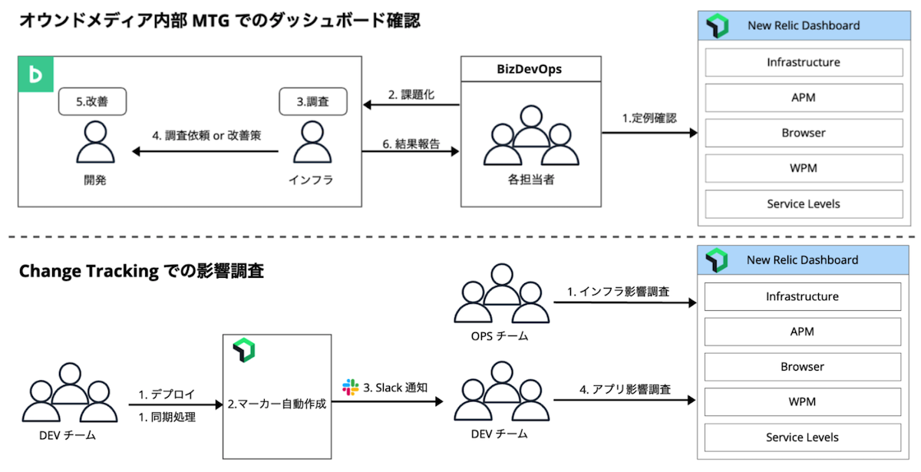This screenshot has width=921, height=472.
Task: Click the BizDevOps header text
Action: pyautogui.click(x=529, y=68)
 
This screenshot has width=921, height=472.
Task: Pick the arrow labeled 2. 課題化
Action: pyautogui.click(x=411, y=106)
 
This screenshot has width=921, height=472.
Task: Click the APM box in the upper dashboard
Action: pyautogui.click(x=803, y=97)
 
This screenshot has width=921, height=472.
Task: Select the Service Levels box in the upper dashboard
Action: pyautogui.click(x=803, y=204)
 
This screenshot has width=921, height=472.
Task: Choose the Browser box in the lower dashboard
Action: pyautogui.click(x=802, y=367)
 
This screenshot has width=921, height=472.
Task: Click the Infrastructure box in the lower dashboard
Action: pyautogui.click(x=802, y=296)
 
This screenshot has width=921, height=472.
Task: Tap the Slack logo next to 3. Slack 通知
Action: pyautogui.click(x=350, y=388)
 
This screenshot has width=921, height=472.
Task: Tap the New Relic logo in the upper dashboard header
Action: pyautogui.click(x=717, y=27)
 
